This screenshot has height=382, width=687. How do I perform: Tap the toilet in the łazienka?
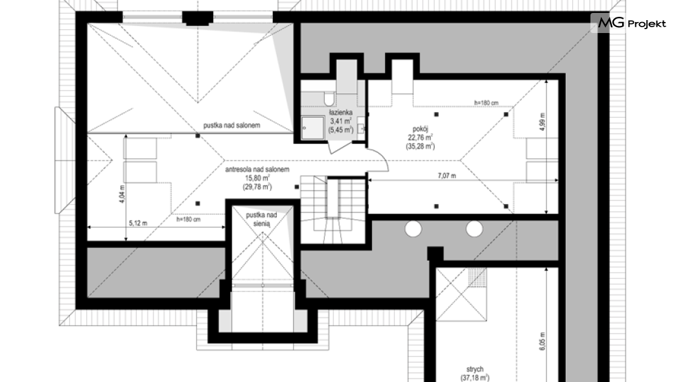[329, 98]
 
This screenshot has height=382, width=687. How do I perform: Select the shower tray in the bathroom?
[312, 128]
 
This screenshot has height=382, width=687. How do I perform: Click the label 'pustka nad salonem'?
[231, 126]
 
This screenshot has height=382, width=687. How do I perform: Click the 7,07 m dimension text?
[447, 176]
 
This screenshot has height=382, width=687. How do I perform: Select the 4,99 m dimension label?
[542, 121]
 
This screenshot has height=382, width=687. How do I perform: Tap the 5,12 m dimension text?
[138, 223]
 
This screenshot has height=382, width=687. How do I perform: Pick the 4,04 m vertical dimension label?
[122, 194]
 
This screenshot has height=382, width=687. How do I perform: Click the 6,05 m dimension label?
[542, 340]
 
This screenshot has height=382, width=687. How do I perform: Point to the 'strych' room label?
[475, 369]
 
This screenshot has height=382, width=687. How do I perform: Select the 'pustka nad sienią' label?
[262, 219]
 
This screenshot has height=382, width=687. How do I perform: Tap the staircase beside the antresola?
[333, 210]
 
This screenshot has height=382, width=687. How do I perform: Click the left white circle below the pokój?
[413, 229]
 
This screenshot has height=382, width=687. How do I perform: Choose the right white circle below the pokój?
[474, 229]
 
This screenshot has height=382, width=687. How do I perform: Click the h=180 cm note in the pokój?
[486, 103]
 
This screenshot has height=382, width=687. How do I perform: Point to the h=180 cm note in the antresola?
[188, 219]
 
